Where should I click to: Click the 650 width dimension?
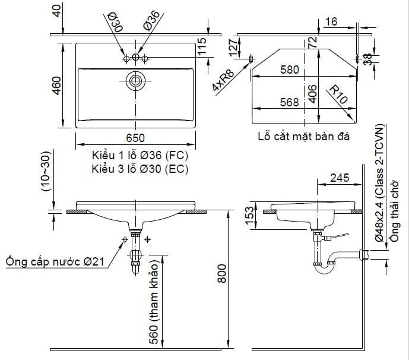click(x=135, y=138)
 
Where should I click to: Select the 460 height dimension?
click(x=56, y=86)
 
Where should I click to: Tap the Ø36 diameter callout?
click(x=151, y=20)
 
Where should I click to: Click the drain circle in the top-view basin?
click(x=135, y=81)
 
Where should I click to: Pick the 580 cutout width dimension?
click(x=290, y=70)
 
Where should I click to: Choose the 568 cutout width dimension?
click(x=289, y=102)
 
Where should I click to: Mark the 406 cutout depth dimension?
click(x=312, y=94)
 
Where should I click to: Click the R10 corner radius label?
click(x=338, y=94)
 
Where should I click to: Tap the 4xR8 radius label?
click(x=223, y=80)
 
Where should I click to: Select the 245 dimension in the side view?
click(x=340, y=178)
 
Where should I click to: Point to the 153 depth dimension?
click(x=250, y=216)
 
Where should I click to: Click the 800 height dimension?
click(x=222, y=273)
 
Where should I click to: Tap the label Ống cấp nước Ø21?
click(x=55, y=261)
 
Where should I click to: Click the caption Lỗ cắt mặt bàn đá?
click(x=304, y=136)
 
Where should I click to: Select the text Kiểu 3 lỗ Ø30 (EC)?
click(x=140, y=169)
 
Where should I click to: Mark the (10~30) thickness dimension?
click(x=46, y=172)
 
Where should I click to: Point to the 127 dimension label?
click(x=234, y=48)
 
